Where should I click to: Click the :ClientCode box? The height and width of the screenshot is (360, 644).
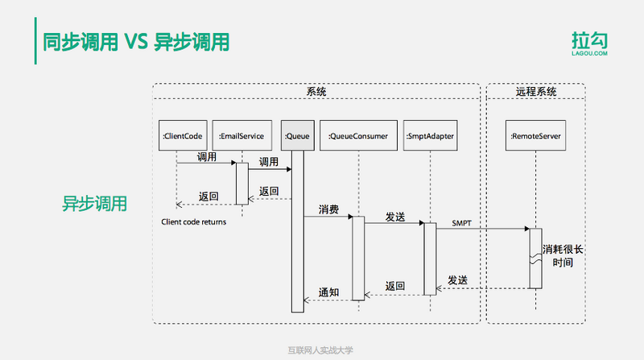coord(183,137)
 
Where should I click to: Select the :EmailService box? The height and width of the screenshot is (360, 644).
coord(242,137)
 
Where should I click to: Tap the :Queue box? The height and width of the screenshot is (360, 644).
coord(296,137)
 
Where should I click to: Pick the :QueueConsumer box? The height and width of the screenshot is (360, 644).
coord(358,137)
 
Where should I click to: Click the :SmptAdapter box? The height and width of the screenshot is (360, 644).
coord(430,137)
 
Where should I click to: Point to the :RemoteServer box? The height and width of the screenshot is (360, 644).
coord(535,137)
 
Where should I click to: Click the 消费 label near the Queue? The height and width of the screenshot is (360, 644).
coord(328,209)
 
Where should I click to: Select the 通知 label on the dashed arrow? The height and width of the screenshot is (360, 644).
coord(328,292)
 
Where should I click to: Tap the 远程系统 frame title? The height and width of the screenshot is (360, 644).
coord(536,92)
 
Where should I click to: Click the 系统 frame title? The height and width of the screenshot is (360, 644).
coord(316,92)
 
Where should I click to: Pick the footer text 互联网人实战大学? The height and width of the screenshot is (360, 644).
coord(320,350)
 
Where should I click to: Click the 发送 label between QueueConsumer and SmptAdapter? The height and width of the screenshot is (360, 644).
coord(394,217)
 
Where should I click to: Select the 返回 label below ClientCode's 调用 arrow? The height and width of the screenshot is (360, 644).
coord(208,196)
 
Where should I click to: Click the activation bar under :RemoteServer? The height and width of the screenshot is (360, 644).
coord(535,258)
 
